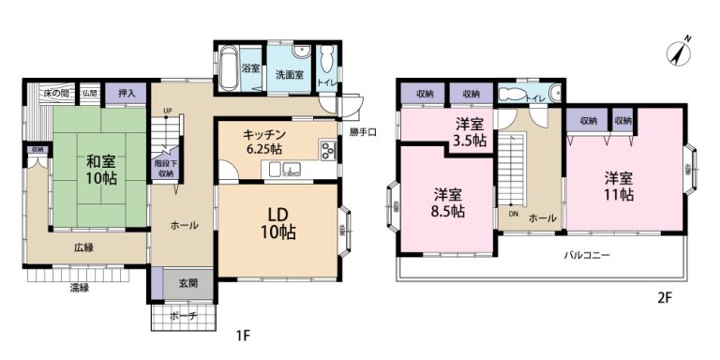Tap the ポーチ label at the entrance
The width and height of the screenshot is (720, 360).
(x=184, y=317)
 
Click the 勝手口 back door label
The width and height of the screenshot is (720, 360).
(x=364, y=132)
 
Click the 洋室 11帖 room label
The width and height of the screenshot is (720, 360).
(x=618, y=186)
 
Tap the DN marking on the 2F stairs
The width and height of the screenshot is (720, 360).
(x=513, y=214)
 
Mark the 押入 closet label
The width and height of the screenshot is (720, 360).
(x=127, y=93)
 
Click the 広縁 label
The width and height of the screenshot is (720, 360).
(x=84, y=247)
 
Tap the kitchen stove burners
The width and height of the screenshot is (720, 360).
(x=327, y=151)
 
